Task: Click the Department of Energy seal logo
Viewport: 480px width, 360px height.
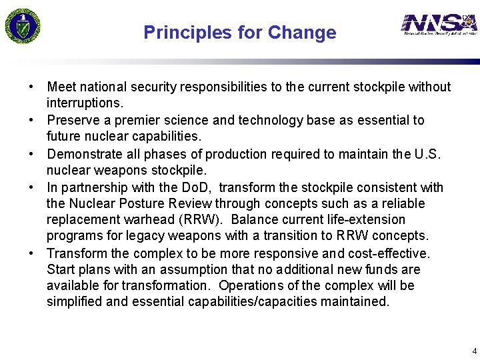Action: [x=23, y=25]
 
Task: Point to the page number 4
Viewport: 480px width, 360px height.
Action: [x=474, y=351]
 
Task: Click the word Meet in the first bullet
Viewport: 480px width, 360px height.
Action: [x=61, y=87]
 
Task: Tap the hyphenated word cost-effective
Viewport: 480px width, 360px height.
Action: [x=392, y=254]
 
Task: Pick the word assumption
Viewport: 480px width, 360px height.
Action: [x=169, y=270]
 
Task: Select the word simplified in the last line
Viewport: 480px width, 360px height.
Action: [x=73, y=302]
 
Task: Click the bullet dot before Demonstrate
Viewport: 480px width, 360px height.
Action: [x=31, y=155]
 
